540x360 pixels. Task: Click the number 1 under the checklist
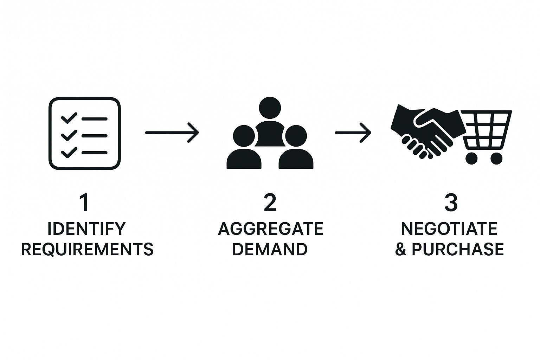point(85,203)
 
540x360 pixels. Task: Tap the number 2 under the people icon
point(270,203)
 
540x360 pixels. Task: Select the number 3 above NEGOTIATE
point(451,203)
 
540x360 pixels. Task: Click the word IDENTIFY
point(86,229)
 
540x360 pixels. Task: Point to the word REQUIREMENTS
point(87,249)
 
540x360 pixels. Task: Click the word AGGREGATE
point(270,229)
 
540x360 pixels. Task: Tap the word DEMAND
point(270,249)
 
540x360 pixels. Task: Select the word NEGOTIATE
point(449,229)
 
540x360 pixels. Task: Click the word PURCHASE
point(457,249)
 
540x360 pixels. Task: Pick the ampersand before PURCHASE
point(401,249)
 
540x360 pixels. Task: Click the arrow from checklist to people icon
point(172,133)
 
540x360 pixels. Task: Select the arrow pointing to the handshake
point(353,133)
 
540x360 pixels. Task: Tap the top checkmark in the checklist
point(69,118)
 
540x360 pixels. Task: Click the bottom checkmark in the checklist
point(69,152)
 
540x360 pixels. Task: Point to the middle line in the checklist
point(95,136)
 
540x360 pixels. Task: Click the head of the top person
point(270,108)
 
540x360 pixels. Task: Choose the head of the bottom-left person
point(244,136)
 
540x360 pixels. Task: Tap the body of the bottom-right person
point(296,159)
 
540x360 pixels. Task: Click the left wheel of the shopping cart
point(471,159)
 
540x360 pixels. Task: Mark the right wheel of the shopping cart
point(497,159)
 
